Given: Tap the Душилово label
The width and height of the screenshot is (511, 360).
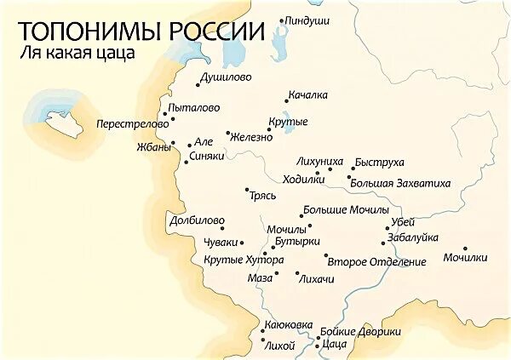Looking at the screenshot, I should [x=224, y=77].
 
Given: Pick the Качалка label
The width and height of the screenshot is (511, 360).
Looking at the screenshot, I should [x=308, y=94].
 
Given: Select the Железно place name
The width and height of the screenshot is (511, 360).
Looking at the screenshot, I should [x=251, y=137].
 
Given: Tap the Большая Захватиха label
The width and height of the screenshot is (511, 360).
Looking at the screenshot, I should [x=400, y=183].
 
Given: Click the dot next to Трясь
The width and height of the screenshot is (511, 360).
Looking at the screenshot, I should [x=246, y=190].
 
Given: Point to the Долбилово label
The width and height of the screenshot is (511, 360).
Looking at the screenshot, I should [x=196, y=220].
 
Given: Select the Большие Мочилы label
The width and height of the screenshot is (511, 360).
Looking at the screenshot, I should [x=346, y=209].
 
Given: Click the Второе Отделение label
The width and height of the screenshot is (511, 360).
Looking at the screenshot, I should [x=376, y=262].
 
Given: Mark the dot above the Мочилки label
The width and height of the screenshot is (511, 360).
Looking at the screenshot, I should [x=465, y=248].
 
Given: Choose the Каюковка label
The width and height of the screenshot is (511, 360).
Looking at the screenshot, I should [x=289, y=326].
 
